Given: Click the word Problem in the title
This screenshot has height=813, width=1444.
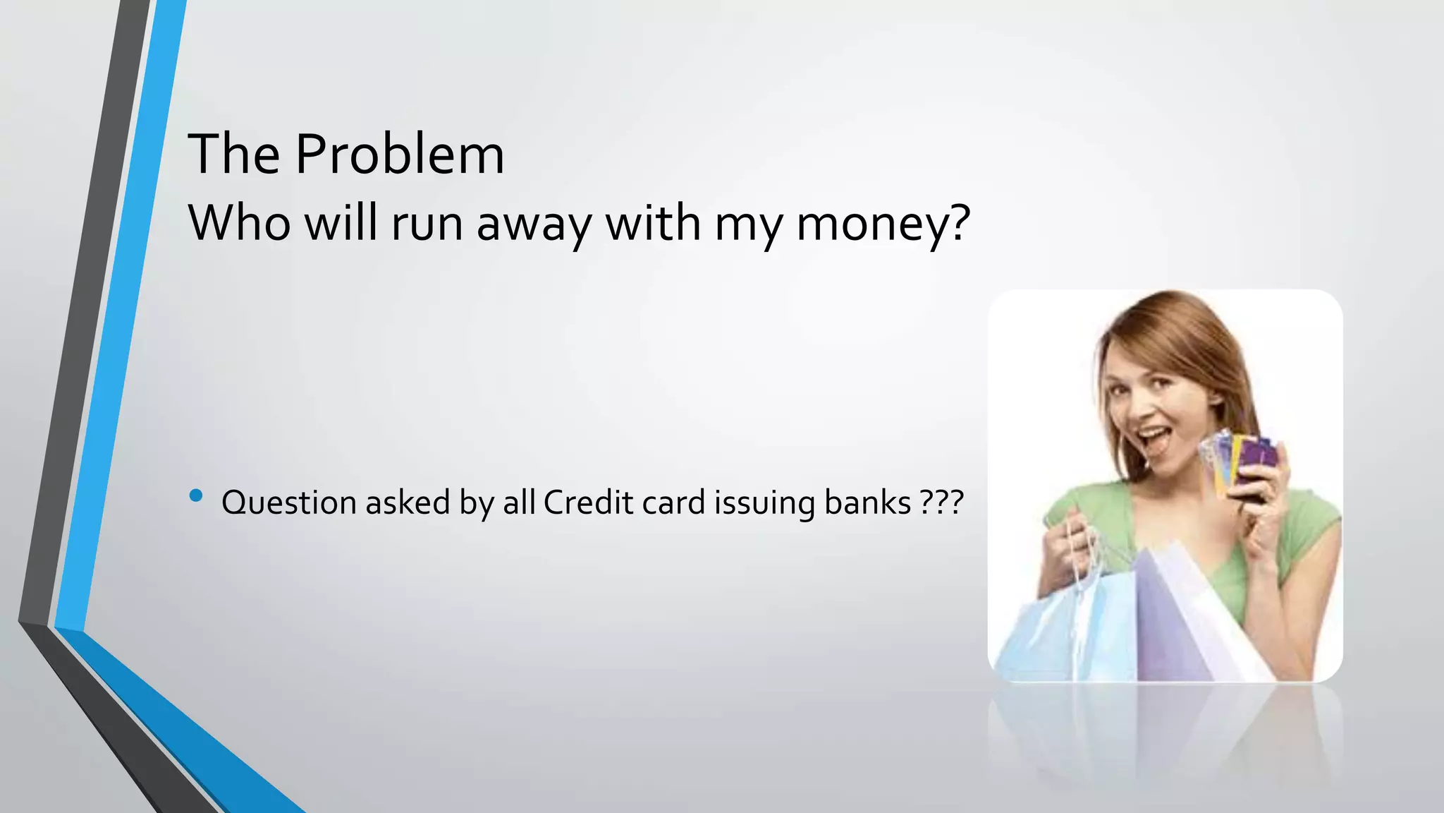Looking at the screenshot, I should (x=399, y=154).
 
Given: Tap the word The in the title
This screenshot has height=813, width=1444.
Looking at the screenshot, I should (x=233, y=154).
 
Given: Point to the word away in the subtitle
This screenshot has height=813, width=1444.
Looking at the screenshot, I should (x=534, y=224).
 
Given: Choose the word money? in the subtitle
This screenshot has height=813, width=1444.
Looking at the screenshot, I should (x=883, y=224).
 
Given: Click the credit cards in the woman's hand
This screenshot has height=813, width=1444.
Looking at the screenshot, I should (x=1241, y=462).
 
